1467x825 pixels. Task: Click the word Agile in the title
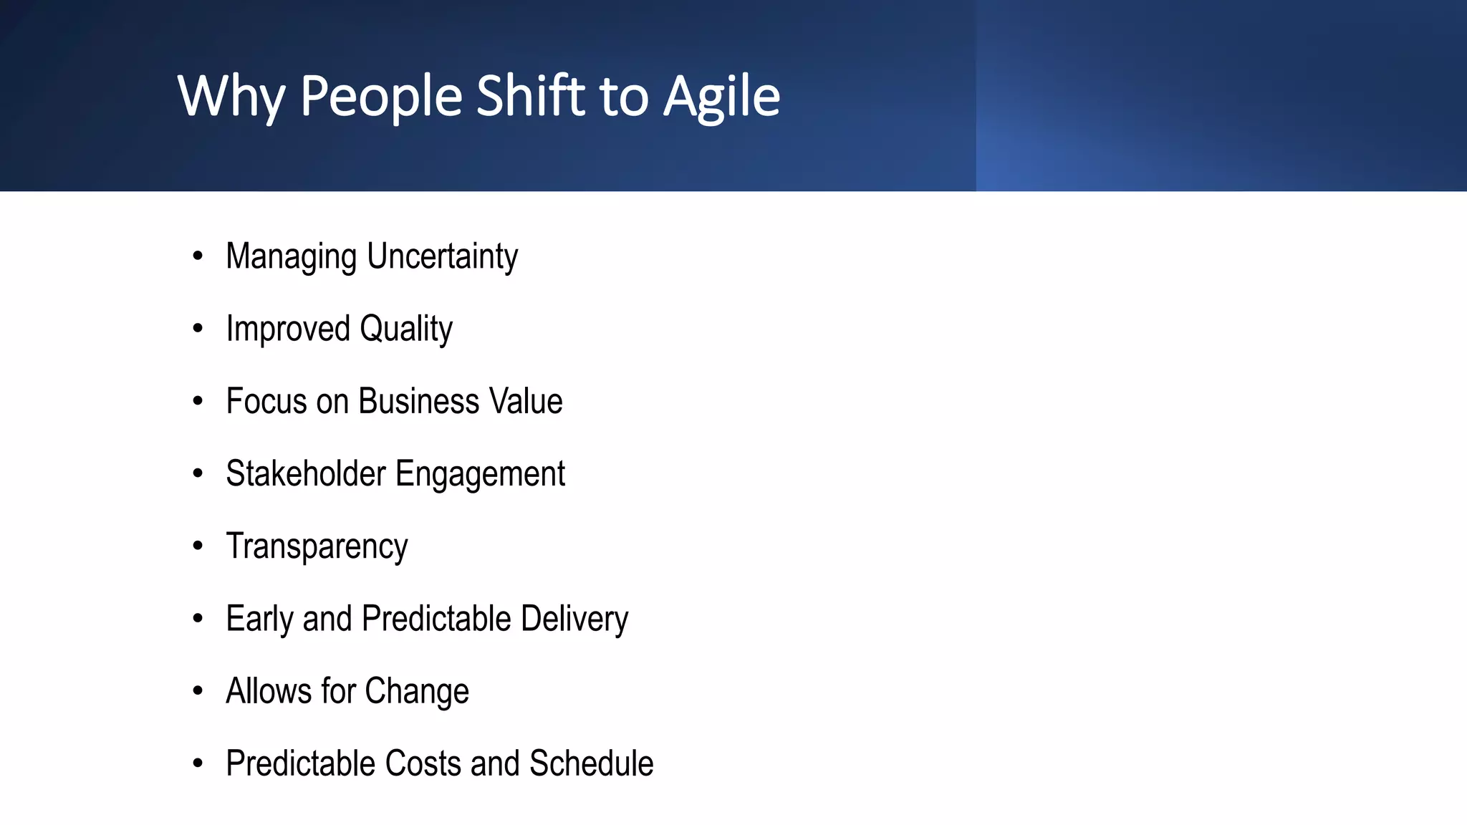[721, 97]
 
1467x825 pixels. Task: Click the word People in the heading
[381, 97]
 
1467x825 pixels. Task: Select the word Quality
[405, 329]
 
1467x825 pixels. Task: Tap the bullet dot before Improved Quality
[198, 329]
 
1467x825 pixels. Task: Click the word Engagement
[480, 475]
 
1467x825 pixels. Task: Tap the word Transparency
[317, 547]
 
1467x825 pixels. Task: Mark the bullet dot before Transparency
[198, 546]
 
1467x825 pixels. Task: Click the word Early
[259, 619]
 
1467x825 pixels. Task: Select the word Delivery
[574, 619]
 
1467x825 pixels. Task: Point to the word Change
[417, 692]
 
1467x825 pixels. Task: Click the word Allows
[269, 691]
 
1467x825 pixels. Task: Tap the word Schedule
[591, 763]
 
